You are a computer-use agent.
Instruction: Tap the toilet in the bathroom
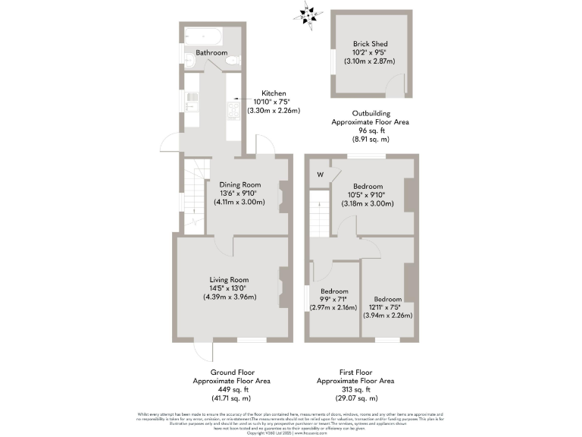[x=235, y=61]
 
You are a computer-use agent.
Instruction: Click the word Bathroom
[x=211, y=52]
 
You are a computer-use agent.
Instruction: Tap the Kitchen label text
[x=274, y=93]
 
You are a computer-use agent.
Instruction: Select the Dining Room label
[x=240, y=184]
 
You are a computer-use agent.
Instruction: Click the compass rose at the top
[x=308, y=14]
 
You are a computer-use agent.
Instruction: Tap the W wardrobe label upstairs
[x=321, y=174]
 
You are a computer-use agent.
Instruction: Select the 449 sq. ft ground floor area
[x=231, y=389]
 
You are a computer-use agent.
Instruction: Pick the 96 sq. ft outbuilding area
[x=371, y=130]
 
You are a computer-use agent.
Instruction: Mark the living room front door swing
[x=202, y=351]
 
